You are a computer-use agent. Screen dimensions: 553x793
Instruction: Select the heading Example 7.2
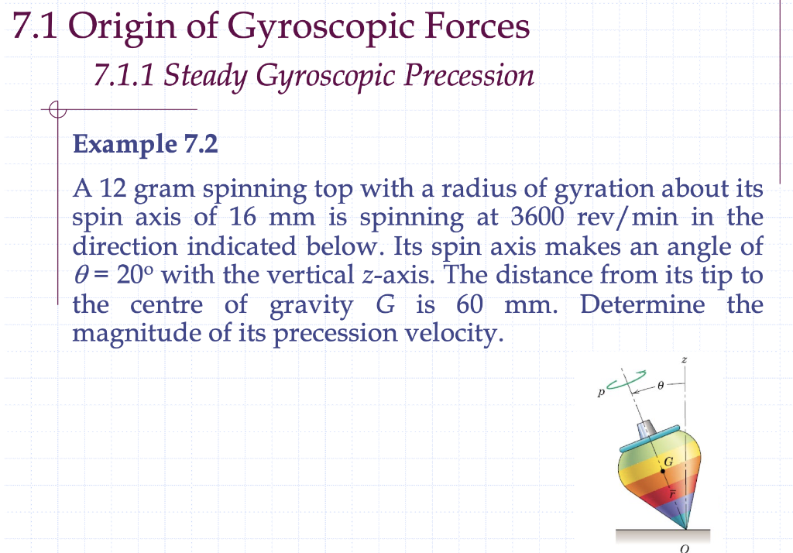click(x=145, y=144)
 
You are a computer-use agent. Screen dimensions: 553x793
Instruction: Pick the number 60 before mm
click(x=471, y=304)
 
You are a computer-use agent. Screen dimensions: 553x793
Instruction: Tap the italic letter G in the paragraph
click(x=385, y=304)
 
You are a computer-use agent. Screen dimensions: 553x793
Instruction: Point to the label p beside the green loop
click(x=600, y=393)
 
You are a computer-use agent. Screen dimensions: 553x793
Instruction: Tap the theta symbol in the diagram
click(x=660, y=383)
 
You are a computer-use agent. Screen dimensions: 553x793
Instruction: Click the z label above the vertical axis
click(x=684, y=361)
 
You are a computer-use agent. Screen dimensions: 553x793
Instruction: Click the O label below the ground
click(x=684, y=548)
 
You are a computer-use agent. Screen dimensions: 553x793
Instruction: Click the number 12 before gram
click(x=106, y=189)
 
